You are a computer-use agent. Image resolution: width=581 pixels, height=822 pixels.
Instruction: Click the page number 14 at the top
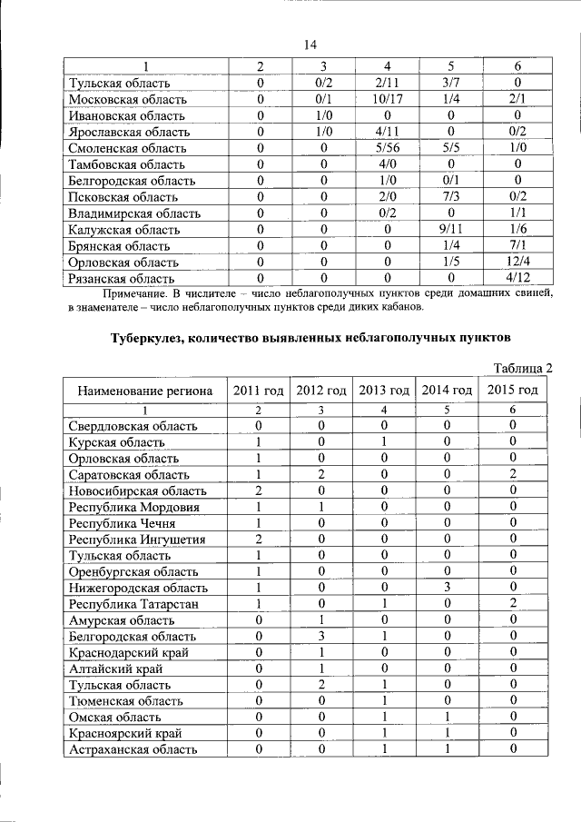(310, 45)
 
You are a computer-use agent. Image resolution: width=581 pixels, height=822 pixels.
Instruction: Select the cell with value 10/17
(387, 99)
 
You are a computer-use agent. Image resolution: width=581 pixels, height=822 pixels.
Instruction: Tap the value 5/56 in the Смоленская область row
(387, 148)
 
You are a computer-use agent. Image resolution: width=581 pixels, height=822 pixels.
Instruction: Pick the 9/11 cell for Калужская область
(450, 230)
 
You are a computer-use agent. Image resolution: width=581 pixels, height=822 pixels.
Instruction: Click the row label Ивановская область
(126, 115)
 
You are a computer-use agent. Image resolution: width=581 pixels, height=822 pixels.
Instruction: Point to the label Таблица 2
(523, 367)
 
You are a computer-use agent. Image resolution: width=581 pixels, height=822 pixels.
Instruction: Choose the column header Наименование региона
(145, 391)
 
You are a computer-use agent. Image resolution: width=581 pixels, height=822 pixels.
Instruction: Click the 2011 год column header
(259, 391)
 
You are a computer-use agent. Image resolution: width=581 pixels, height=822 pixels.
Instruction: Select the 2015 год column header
(513, 391)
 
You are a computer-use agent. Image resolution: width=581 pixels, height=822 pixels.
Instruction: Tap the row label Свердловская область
(131, 426)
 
